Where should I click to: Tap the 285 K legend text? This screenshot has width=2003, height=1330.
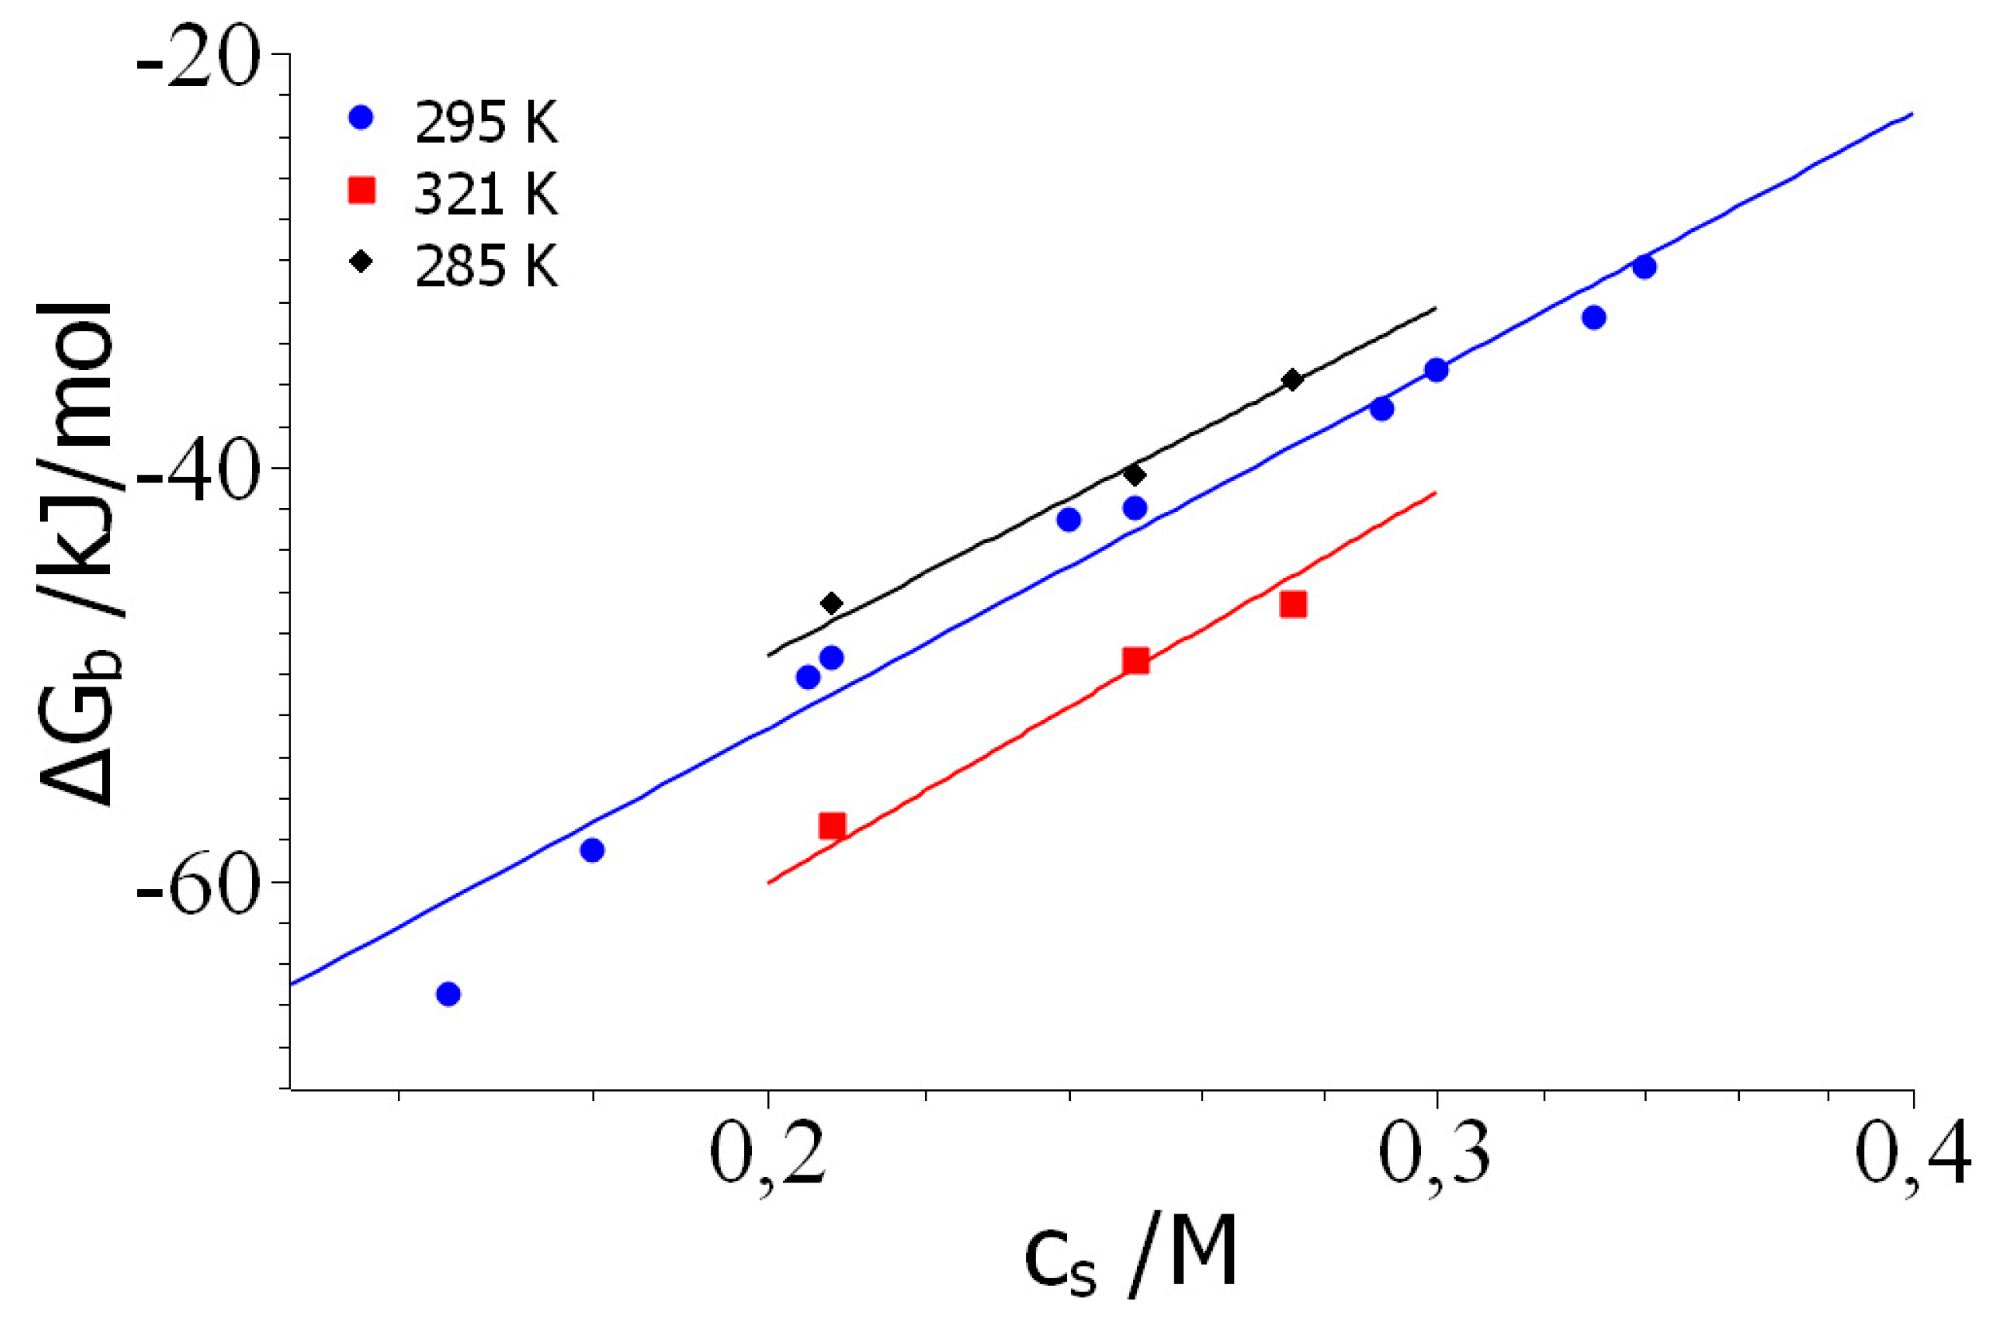pyautogui.click(x=486, y=266)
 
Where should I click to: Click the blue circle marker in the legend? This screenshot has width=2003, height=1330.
pyautogui.click(x=361, y=116)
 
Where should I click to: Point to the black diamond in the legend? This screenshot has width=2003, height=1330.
pyautogui.click(x=361, y=261)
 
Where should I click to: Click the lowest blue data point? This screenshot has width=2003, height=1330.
pyautogui.click(x=449, y=994)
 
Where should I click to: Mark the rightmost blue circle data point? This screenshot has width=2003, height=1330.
pyautogui.click(x=1644, y=267)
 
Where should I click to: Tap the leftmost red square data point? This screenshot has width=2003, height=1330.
pyautogui.click(x=832, y=825)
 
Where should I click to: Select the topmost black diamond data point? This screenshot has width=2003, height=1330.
pyautogui.click(x=1293, y=380)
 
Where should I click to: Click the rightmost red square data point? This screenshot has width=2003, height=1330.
pyautogui.click(x=1293, y=604)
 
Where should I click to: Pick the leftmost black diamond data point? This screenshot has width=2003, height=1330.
pyautogui.click(x=831, y=603)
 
